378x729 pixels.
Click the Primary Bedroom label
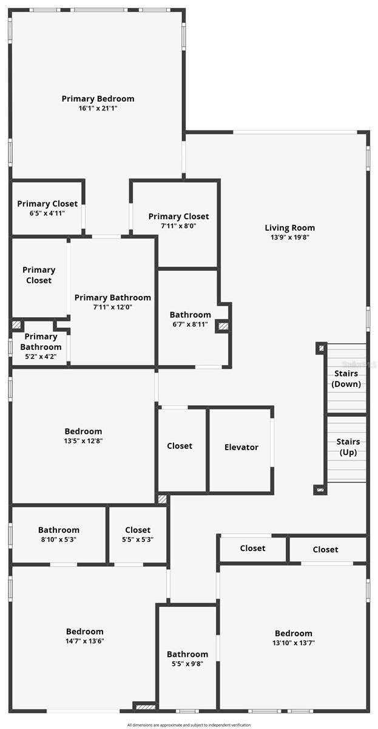98,98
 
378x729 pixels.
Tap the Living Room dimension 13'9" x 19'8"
289,238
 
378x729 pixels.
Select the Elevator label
241,447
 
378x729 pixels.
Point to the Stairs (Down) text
346,378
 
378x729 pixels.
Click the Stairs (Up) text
348,447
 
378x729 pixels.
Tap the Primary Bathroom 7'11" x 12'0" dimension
112,307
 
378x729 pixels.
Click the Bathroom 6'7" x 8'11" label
190,315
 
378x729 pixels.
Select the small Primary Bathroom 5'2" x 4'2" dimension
41,357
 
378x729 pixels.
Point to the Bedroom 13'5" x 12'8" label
83,431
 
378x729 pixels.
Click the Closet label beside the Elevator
180,446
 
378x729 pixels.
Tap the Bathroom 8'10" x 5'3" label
59,530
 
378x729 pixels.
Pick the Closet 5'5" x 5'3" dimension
138,539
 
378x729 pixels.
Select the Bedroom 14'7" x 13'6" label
84,631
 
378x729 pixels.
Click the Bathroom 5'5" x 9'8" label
187,654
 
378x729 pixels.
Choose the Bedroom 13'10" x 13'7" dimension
294,643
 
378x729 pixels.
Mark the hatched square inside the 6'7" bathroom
223,326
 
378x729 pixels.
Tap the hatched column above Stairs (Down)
320,348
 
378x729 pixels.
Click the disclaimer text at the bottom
189,725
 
